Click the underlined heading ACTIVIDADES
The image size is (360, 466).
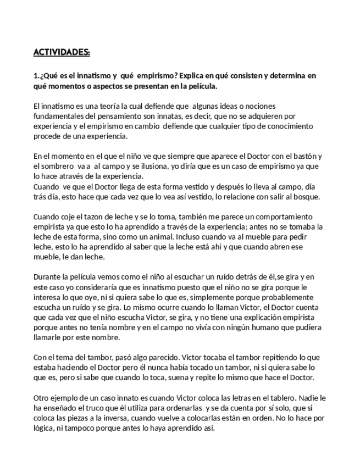click(62, 52)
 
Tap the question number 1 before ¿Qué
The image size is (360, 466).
click(35, 76)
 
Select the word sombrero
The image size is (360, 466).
click(63, 166)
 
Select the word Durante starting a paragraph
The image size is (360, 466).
click(49, 277)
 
